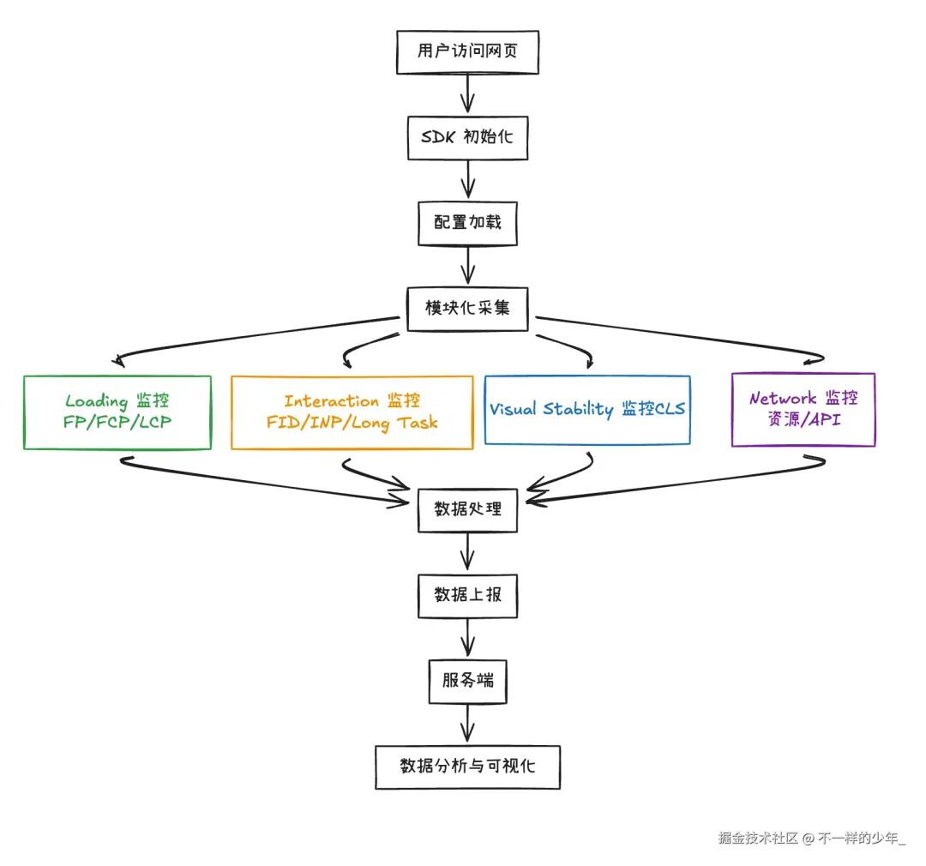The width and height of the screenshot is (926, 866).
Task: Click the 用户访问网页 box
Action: [x=467, y=52]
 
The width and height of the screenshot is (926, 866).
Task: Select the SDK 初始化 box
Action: [x=467, y=135]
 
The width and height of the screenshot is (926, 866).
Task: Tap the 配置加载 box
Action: [x=467, y=221]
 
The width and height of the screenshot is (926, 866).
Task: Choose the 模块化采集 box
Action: [x=467, y=307]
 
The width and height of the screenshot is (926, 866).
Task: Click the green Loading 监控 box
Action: [x=117, y=412]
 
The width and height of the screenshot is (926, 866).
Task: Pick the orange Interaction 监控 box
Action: [x=352, y=412]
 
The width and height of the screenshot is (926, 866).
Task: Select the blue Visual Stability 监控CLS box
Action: [x=587, y=410]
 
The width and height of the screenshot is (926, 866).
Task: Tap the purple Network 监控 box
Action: [x=803, y=410]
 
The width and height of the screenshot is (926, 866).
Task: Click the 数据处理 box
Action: [x=467, y=508]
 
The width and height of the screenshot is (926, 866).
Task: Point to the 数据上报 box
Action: [x=467, y=596]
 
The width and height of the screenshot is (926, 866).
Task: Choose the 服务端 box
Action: [x=467, y=681]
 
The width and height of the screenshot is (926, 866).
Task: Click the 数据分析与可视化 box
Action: [x=467, y=767]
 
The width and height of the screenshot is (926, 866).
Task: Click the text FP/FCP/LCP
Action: [x=117, y=423]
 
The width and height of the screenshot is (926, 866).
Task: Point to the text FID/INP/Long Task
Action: [x=352, y=423]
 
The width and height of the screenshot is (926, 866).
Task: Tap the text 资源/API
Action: [x=803, y=421]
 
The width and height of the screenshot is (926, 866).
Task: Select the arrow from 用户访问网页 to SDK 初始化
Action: [x=467, y=93]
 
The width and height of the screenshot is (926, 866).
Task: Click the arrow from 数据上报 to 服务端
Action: [x=467, y=639]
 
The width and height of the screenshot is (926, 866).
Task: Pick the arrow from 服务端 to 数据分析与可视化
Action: [x=467, y=724]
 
